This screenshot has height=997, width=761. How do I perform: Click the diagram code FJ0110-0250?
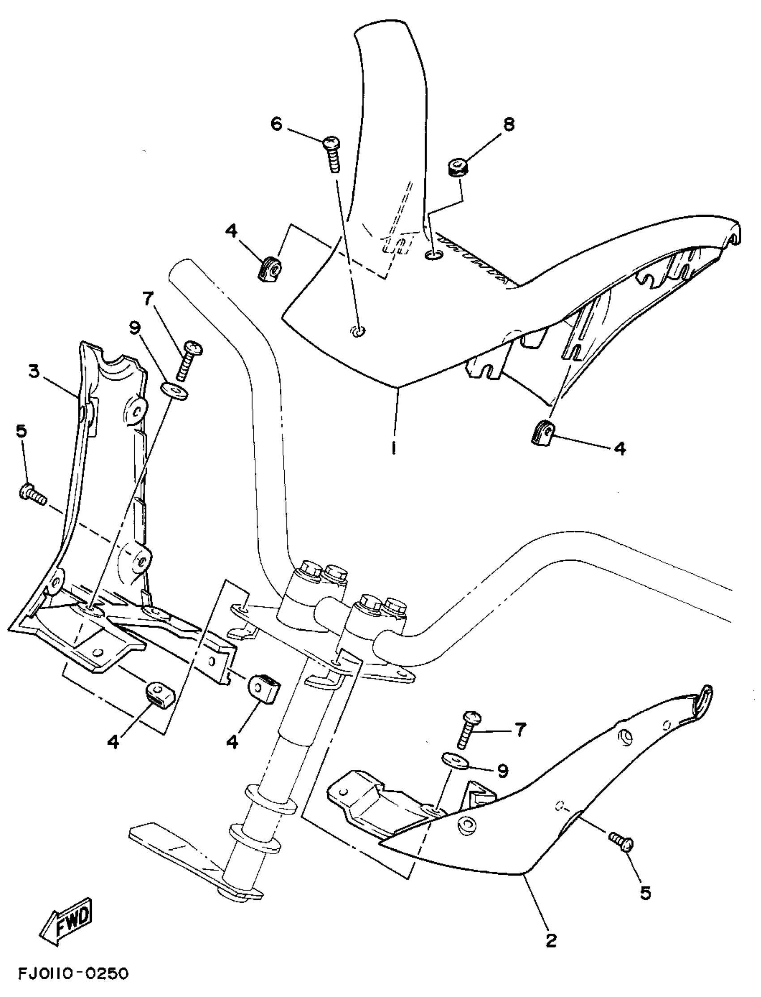[x=73, y=974]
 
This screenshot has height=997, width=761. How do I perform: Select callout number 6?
[x=277, y=123]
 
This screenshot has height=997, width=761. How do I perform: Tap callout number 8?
[x=509, y=124]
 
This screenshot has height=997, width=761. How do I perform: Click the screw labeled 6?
[x=333, y=155]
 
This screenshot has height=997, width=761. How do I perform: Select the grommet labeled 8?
[x=455, y=168]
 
